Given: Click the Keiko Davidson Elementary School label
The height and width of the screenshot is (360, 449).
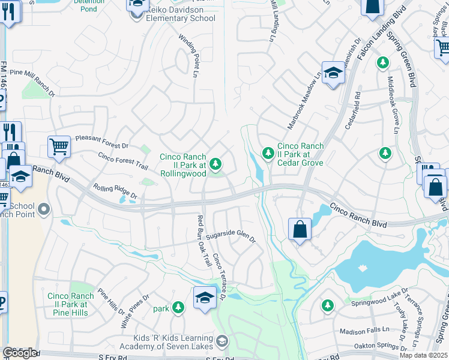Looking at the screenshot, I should pos(176,18).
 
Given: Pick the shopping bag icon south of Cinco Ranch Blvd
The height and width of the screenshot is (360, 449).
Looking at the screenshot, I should pos(300,230).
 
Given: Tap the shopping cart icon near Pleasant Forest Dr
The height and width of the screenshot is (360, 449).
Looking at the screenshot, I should pos(59,146).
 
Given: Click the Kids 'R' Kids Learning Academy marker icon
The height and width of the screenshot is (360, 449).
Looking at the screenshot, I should pos(222,341).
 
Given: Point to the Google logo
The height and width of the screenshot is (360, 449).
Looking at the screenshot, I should pos(19,353).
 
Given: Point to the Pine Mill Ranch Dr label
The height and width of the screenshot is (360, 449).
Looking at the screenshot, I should pos(32,82).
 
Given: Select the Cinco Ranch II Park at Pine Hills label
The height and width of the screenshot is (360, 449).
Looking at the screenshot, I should pos(70,304).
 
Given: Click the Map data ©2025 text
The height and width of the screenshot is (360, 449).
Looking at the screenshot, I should pos(424,355).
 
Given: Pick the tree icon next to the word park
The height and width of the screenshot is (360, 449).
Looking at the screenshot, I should pos(178,308).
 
